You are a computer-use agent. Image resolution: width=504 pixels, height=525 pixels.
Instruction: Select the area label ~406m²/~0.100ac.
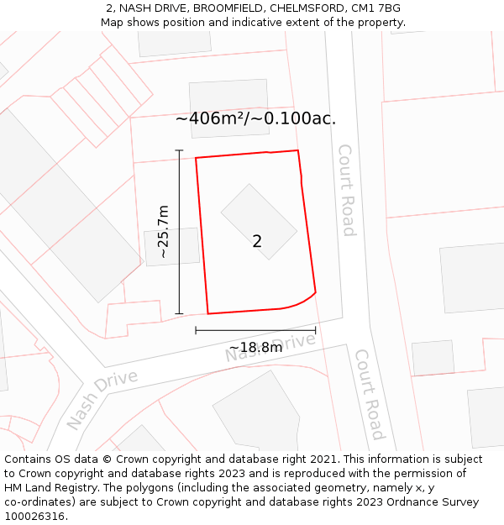[x=255, y=118]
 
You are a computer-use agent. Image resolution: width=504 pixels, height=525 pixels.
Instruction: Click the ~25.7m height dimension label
[x=163, y=231]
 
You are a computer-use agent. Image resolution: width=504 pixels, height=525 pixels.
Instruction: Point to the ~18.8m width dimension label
[x=255, y=347]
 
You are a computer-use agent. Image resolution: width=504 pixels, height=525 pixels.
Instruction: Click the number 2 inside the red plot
[x=257, y=242]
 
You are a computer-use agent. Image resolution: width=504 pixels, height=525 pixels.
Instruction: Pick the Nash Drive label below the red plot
[x=270, y=348]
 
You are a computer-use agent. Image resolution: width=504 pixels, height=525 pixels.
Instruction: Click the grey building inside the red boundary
[x=259, y=221]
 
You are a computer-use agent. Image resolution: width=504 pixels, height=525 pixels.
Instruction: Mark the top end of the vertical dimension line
[x=179, y=150]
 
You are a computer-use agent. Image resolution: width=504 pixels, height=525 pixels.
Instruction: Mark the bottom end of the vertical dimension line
[x=179, y=314]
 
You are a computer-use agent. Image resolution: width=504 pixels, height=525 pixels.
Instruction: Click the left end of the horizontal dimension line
[x=196, y=331]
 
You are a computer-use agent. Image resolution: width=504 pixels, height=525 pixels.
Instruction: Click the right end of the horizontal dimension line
[x=316, y=331]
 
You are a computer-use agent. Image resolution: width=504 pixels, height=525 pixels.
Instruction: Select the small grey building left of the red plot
[x=172, y=247]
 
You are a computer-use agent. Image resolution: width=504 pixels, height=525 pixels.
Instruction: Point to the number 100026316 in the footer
[x=35, y=516]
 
